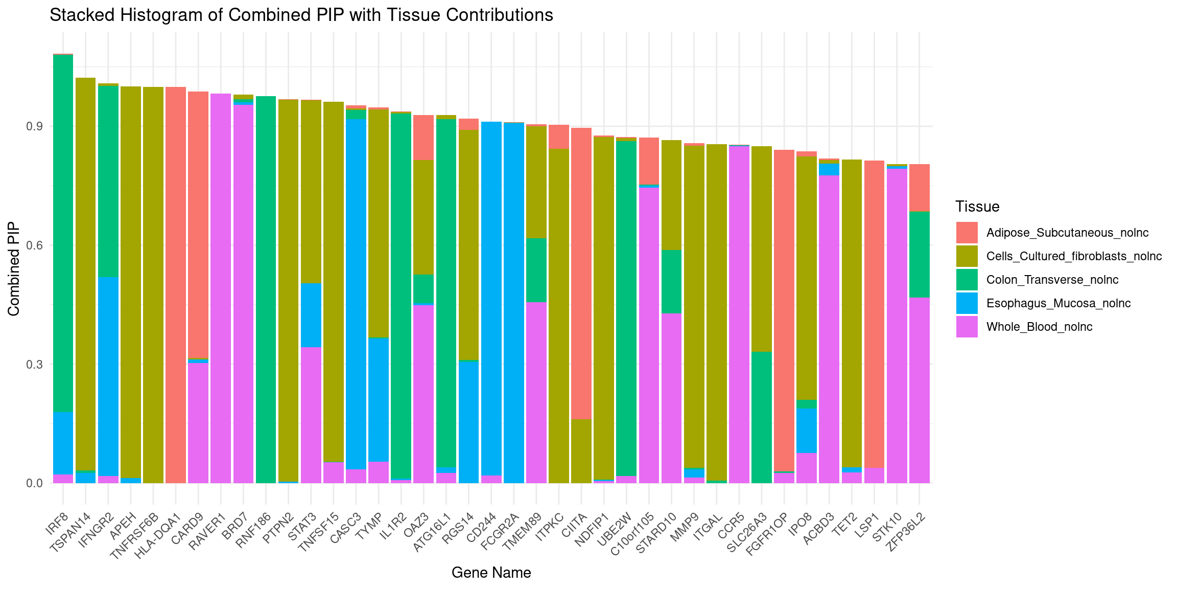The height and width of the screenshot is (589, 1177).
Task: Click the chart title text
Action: tap(301, 15)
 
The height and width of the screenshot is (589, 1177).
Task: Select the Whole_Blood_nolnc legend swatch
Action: tap(967, 327)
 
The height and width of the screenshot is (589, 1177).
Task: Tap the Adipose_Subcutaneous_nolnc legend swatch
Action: tap(967, 233)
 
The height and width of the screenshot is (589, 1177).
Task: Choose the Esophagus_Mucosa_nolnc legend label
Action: tap(1058, 304)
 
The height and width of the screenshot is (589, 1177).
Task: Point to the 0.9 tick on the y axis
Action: tap(35, 127)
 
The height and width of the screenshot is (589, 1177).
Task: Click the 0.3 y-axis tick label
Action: tap(35, 365)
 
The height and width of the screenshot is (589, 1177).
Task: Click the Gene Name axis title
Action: tap(491, 573)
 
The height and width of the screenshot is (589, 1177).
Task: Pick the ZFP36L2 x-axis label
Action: tap(907, 532)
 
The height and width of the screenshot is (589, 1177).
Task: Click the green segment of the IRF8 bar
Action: tap(63, 230)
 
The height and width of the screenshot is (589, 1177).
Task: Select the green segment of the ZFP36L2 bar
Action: tap(919, 254)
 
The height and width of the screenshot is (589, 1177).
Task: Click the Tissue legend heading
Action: tap(977, 207)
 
